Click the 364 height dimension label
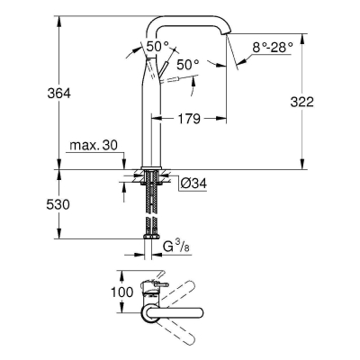coord(59,94)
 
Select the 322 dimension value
coord(301,102)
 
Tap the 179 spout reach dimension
coord(189,119)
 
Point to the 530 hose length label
coord(58,204)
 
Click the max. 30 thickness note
coord(94,146)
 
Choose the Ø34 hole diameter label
coord(193,183)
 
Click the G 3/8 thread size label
coord(177,247)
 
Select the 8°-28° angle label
coord(272,48)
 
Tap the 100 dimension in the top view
coord(121,292)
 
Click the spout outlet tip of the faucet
coord(227,33)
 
